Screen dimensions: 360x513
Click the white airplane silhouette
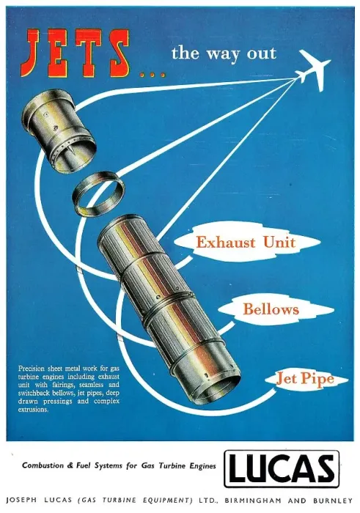pos(315,70)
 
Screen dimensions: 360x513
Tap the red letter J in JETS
pos(30,53)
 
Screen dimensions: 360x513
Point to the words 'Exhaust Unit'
pos(246,243)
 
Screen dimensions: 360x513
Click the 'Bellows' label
pos(271,309)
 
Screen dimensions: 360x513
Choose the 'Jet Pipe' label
pos(305,379)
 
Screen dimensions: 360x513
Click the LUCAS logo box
pos(282,469)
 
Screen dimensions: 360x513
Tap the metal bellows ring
pos(98,194)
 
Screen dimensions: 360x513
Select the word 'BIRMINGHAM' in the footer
pos(253,501)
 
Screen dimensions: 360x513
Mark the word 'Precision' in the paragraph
pos(31,369)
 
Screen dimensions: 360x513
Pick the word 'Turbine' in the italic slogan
pos(173,465)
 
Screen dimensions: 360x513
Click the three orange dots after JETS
pos(153,75)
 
